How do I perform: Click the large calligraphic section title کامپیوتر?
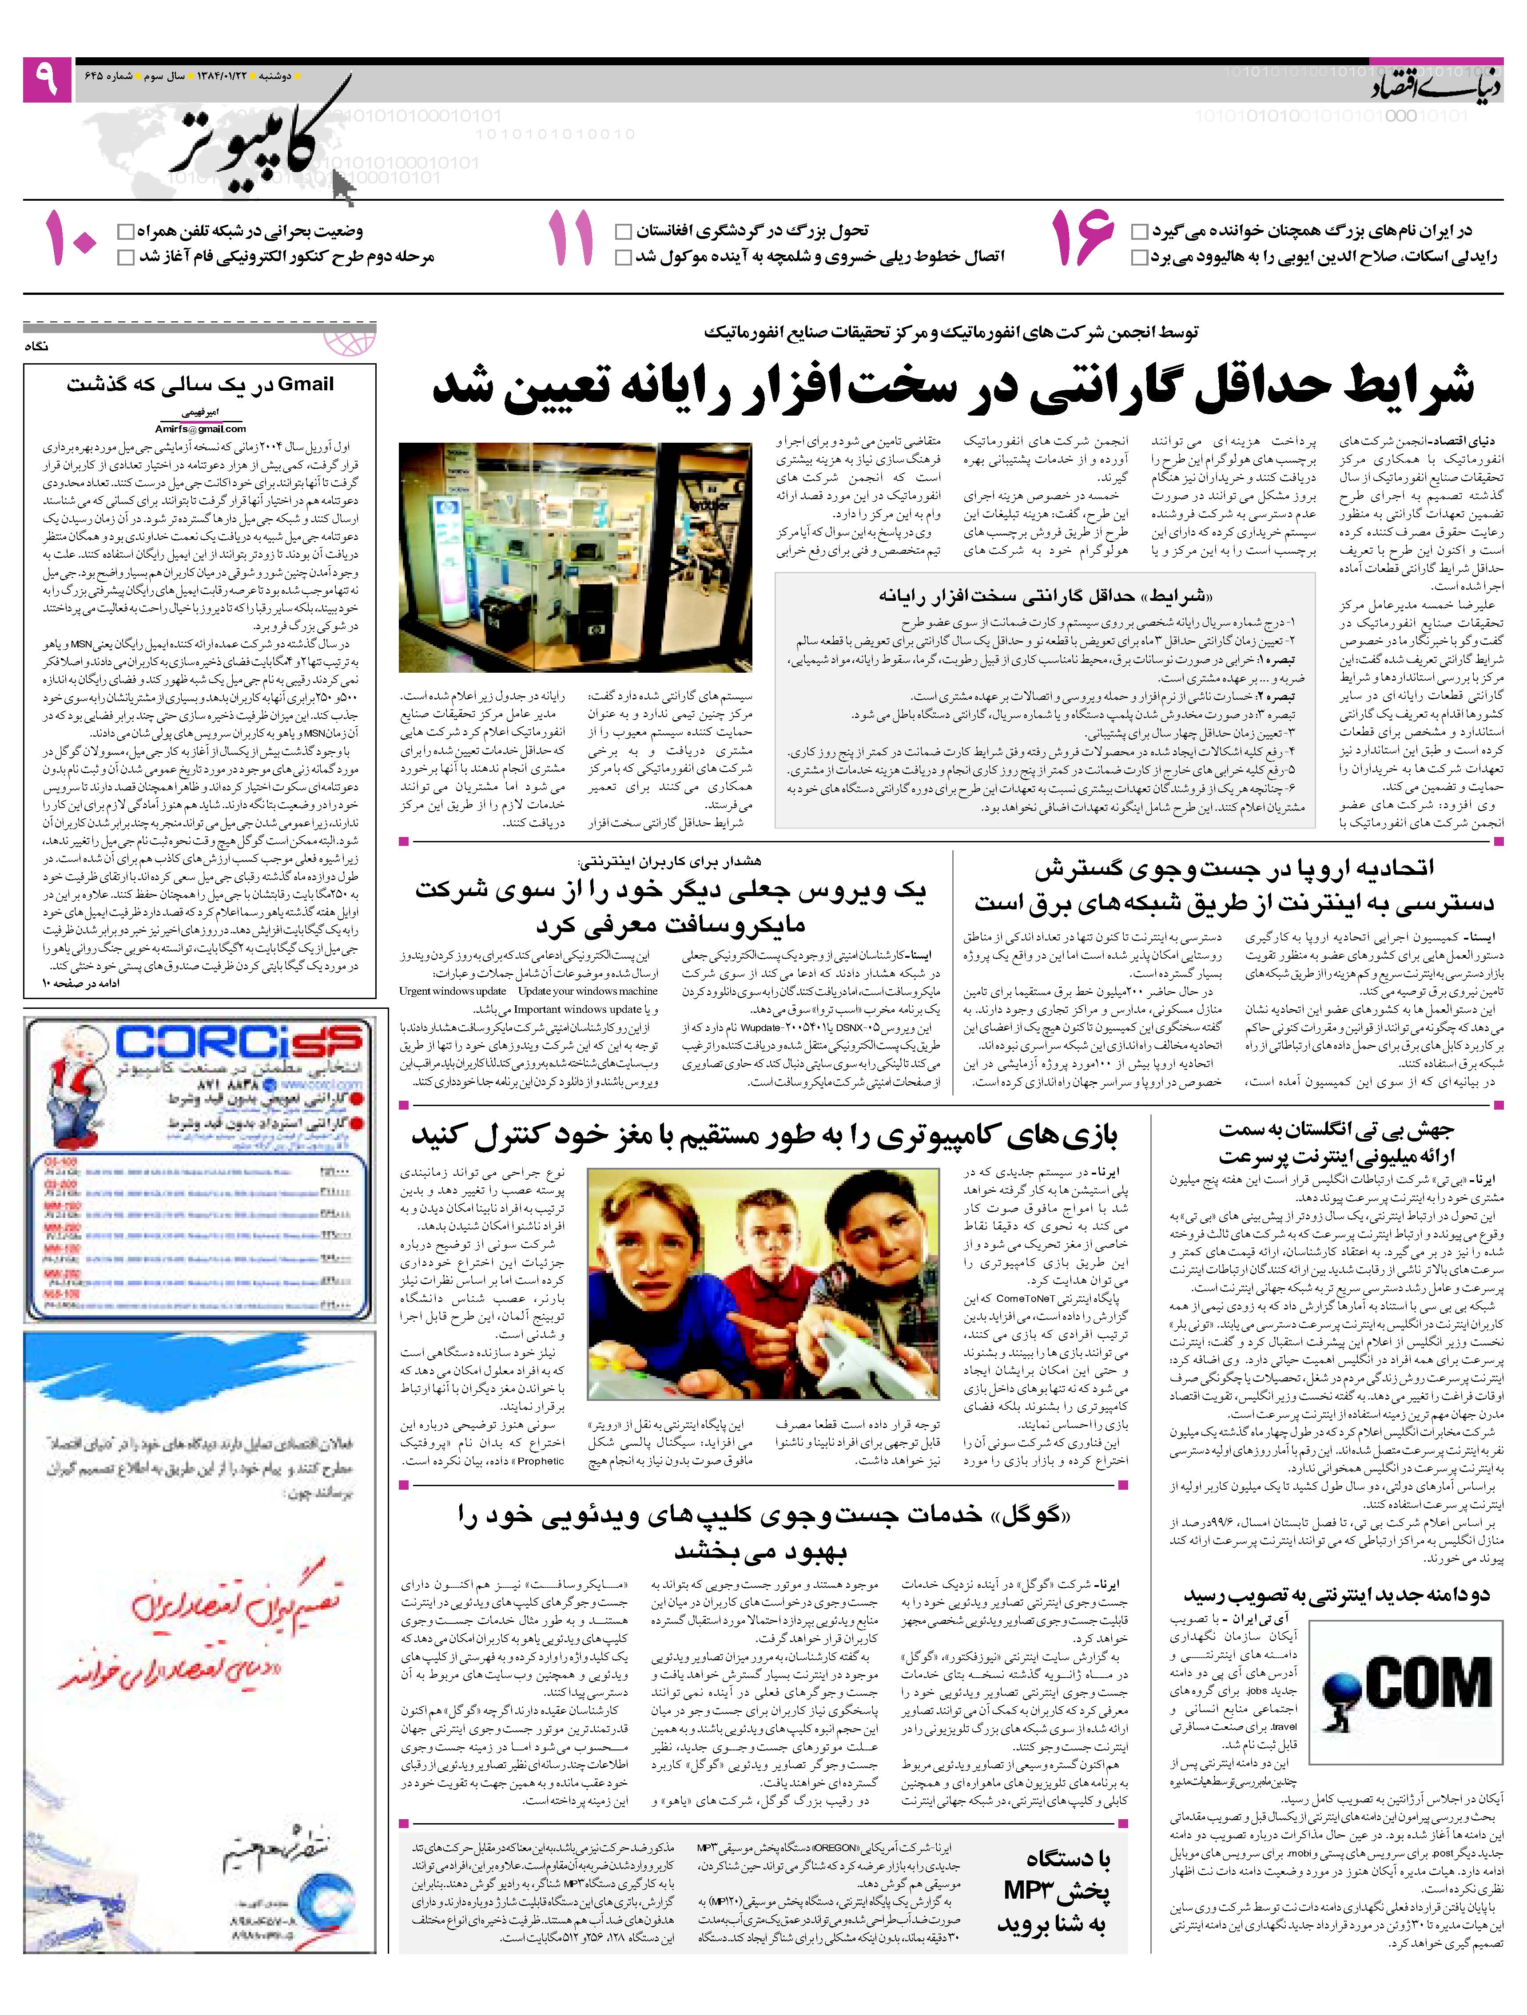tap(260, 137)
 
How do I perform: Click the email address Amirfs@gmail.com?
tap(200, 428)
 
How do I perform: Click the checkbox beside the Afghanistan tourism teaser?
tap(623, 231)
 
